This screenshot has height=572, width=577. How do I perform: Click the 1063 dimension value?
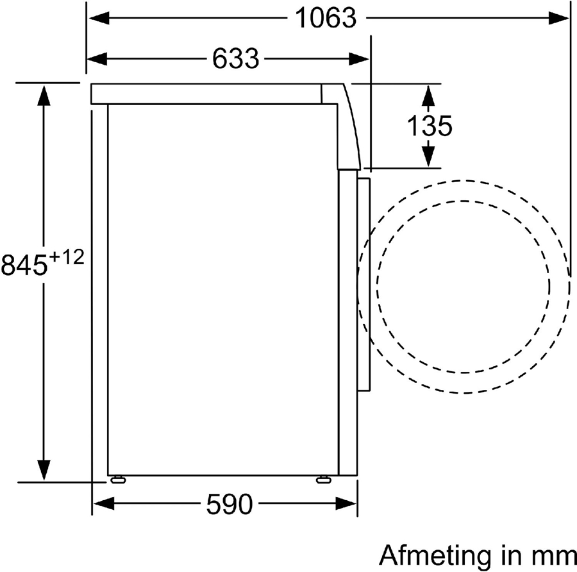(x=326, y=18)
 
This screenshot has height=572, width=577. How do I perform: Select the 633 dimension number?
(x=235, y=58)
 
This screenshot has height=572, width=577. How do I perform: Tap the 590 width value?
(x=230, y=504)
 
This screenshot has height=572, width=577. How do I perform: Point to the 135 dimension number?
(x=429, y=126)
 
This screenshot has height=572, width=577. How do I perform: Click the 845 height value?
(x=24, y=265)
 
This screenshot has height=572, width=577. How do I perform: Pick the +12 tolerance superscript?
(x=67, y=257)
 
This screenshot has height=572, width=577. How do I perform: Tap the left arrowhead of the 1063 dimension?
(x=99, y=18)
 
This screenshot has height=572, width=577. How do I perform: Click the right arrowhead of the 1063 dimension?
(x=558, y=18)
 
